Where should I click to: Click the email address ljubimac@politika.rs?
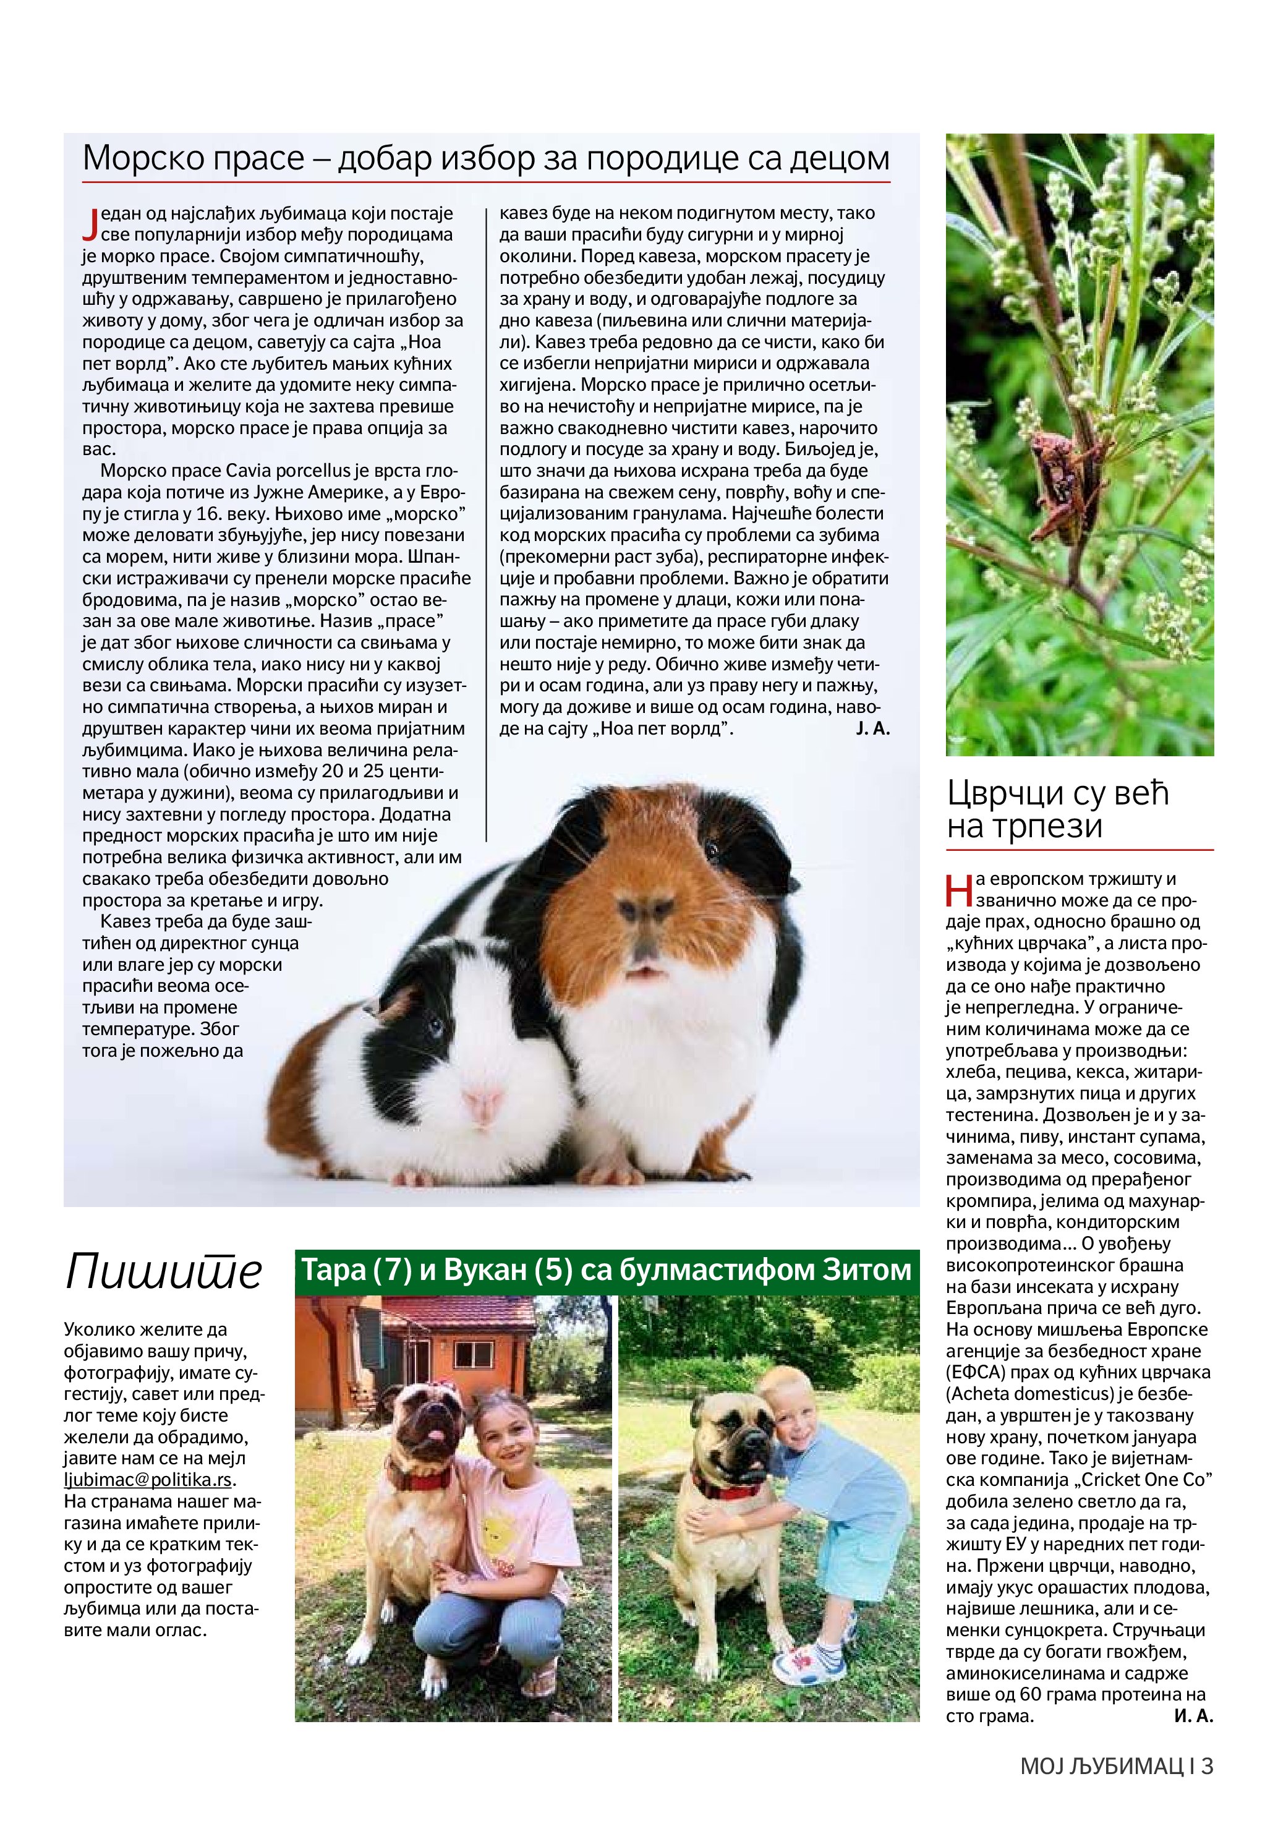[149, 1480]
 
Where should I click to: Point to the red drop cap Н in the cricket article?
[959, 890]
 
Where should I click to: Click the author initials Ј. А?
[872, 728]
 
